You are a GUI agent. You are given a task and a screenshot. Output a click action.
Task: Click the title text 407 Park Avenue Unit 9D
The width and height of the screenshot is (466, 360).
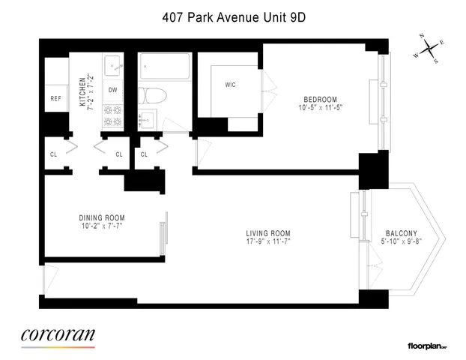pos(233,13)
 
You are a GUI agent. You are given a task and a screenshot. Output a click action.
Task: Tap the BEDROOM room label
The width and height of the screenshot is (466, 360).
pos(320,99)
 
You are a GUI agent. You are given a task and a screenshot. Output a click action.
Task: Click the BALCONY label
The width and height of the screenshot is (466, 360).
pos(401,233)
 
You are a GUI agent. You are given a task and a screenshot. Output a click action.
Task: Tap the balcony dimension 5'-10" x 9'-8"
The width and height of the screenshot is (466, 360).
pos(401,241)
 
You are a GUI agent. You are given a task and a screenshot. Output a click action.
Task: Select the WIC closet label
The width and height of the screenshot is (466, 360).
pos(230,85)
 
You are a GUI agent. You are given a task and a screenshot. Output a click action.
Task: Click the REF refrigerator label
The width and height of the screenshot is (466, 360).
pos(56,98)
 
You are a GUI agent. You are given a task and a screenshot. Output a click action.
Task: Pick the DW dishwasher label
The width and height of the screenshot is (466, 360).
pos(112,90)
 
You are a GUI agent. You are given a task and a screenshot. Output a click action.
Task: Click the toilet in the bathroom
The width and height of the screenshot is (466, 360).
pos(148,95)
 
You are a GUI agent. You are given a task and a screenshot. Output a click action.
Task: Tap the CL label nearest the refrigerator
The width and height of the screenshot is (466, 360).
pos(53,155)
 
